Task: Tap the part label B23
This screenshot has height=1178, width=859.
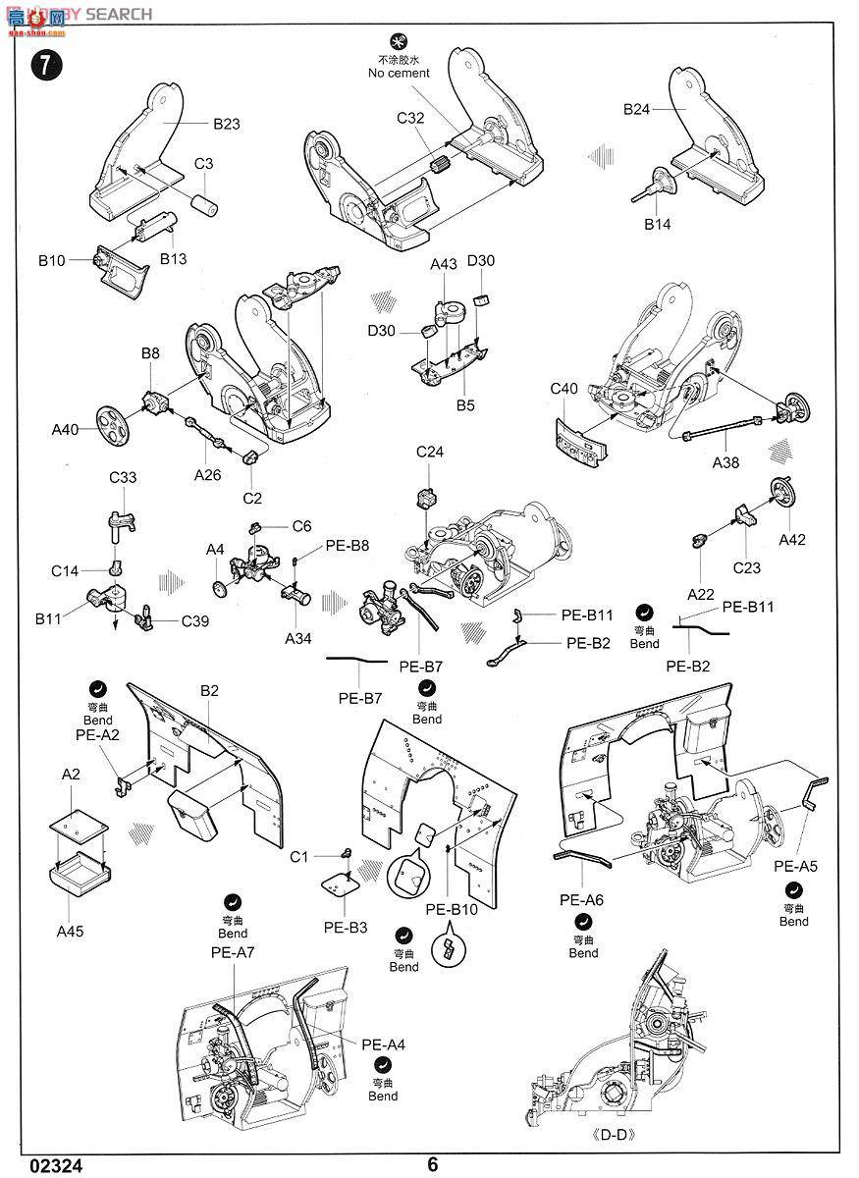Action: (226, 124)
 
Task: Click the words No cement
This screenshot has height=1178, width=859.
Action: (399, 73)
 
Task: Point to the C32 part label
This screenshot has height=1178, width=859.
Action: (410, 118)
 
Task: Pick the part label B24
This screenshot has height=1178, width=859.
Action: (637, 109)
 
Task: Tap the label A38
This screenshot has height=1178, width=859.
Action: (725, 462)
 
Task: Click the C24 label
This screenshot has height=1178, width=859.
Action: (430, 452)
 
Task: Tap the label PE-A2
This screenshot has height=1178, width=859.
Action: (97, 733)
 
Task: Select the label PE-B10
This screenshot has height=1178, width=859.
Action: (452, 909)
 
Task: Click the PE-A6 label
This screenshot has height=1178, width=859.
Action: (581, 899)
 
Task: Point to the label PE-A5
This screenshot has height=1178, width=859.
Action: (795, 866)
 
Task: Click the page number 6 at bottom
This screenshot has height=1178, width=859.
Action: (432, 1164)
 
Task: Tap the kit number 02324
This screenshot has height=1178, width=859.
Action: (57, 1165)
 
